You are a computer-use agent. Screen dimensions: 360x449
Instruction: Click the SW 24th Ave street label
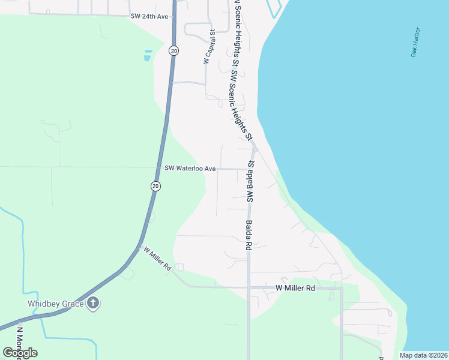click(x=149, y=17)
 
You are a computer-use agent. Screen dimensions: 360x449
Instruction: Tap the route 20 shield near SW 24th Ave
click(x=173, y=51)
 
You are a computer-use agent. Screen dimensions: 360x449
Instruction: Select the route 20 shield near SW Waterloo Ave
click(x=155, y=187)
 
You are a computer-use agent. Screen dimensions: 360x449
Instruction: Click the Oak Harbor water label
click(x=415, y=42)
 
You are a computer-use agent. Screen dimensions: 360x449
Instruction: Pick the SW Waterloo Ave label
click(x=190, y=169)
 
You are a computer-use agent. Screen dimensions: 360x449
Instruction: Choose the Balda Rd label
click(x=248, y=235)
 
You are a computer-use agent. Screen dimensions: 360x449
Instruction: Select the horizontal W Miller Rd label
click(x=295, y=289)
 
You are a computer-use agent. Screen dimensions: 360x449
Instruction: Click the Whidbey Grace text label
click(x=56, y=304)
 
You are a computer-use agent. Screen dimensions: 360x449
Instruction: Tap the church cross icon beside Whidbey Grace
click(x=92, y=304)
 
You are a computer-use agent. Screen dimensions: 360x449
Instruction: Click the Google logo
click(x=20, y=353)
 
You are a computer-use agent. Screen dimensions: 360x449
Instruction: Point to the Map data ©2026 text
click(x=423, y=355)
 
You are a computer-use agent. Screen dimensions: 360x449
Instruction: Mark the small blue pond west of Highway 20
click(x=147, y=56)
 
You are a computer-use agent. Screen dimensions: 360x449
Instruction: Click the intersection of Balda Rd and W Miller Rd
click(x=249, y=287)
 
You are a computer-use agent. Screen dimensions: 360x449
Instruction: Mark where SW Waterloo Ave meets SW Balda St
click(x=249, y=169)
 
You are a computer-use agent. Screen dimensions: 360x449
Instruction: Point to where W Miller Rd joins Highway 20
click(x=139, y=246)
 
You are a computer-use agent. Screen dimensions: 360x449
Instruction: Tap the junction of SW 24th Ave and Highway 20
click(x=173, y=17)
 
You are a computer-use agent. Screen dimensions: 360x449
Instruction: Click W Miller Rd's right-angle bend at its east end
click(x=341, y=289)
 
